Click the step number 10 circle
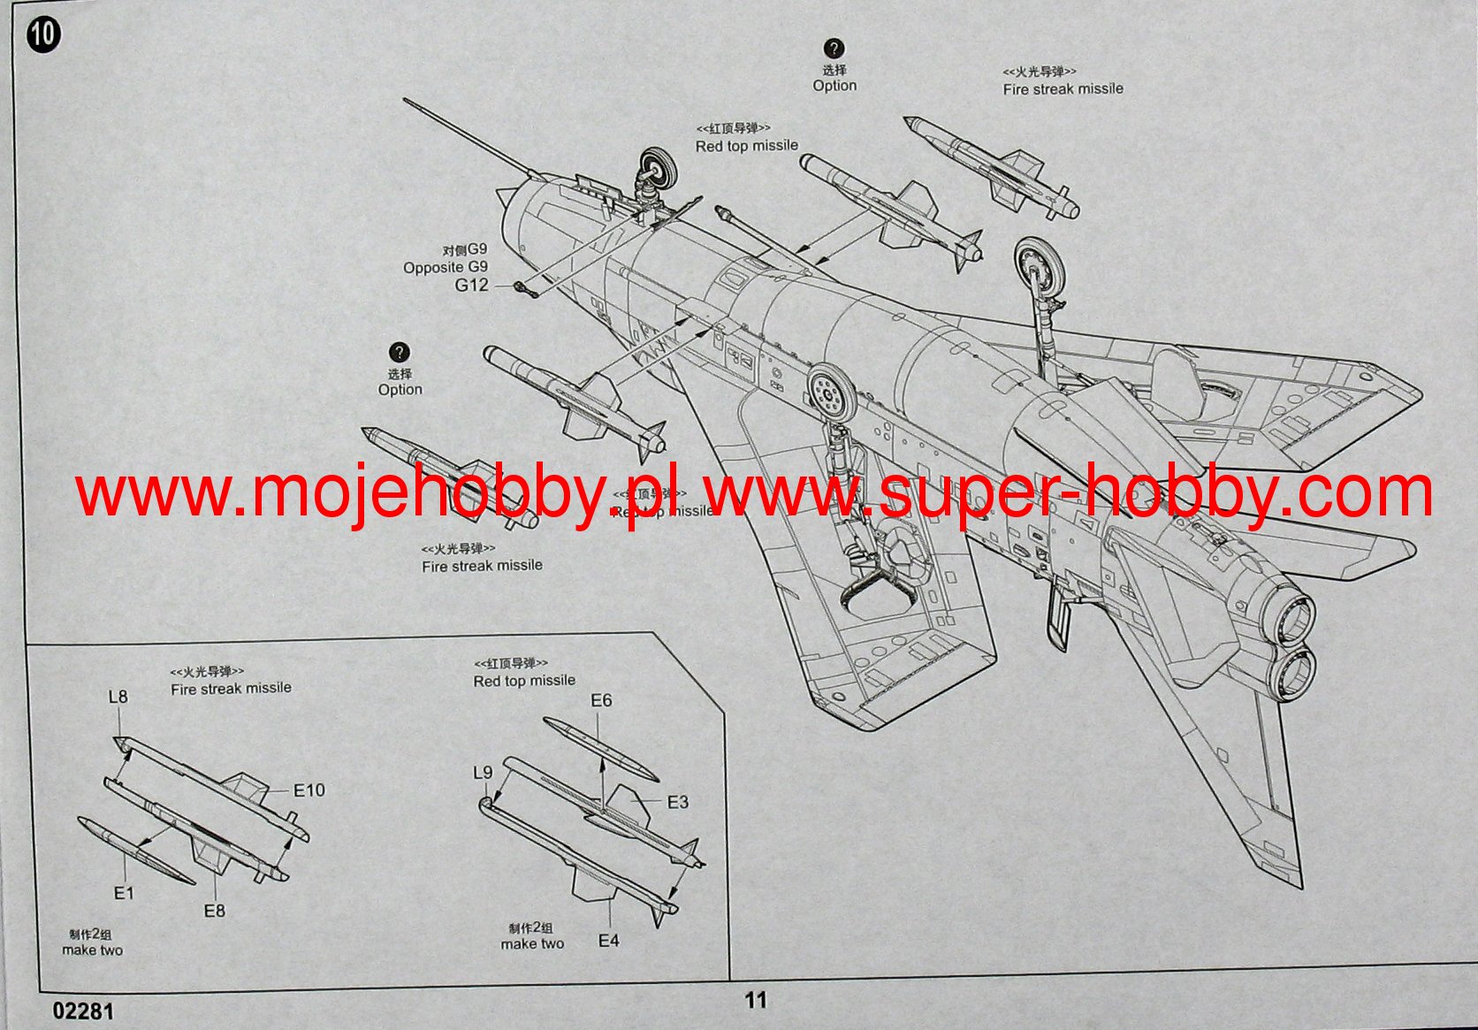pos(43,34)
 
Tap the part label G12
pos(471,285)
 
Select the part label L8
pos(118,697)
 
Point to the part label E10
pos(309,790)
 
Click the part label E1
pos(124,893)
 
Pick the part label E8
pos(215,911)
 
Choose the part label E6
pos(601,700)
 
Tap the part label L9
pos(483,773)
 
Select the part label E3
pos(677,802)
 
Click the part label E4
pos(609,941)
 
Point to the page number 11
pos(756,1000)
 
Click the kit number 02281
pos(83,1011)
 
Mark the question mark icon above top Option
pos(834,49)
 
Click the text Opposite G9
pos(445,267)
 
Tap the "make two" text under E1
pos(93,950)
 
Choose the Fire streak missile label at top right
pos(1063,88)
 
